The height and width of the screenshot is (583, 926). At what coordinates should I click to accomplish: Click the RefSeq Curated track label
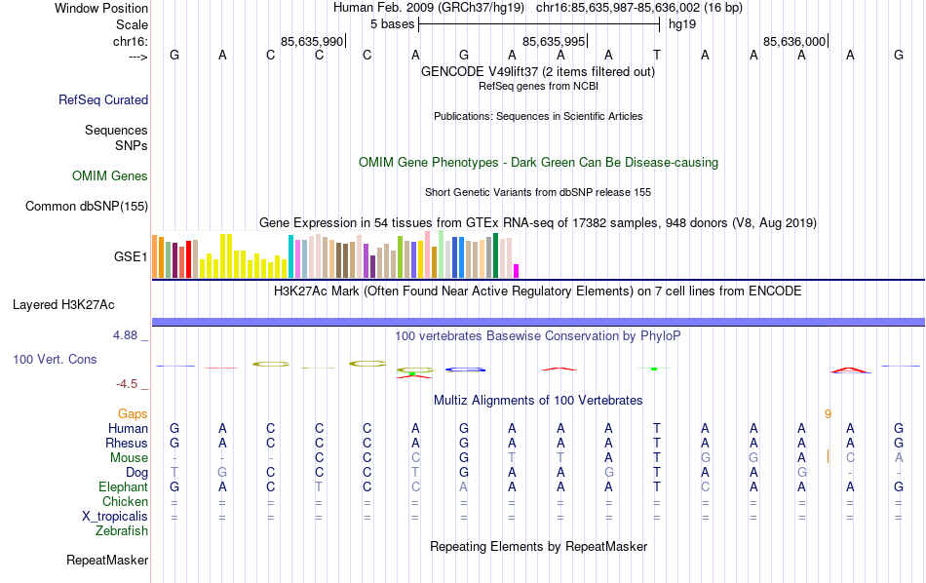tap(103, 99)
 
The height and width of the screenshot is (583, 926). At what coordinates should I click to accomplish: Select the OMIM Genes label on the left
tap(110, 176)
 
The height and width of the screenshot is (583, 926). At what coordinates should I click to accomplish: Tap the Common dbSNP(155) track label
tap(87, 206)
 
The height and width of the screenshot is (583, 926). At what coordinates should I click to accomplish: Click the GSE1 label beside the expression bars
tap(131, 257)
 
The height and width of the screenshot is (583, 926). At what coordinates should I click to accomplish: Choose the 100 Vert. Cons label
tap(55, 360)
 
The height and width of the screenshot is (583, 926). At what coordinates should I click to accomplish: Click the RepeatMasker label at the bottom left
tap(107, 561)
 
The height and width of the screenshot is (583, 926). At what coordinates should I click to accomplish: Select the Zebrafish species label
tap(122, 531)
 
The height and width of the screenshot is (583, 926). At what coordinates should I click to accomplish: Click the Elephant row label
tap(123, 487)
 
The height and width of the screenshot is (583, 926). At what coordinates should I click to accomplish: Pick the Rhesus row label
tap(127, 444)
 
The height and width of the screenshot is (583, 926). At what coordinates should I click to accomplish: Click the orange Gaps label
tap(133, 413)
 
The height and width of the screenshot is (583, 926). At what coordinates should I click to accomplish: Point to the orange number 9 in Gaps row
tap(828, 413)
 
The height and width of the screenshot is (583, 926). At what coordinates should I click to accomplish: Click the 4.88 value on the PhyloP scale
tap(128, 335)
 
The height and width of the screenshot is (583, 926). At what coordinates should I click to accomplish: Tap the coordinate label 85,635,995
tap(554, 41)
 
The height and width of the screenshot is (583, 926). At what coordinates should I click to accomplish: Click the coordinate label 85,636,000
tap(794, 41)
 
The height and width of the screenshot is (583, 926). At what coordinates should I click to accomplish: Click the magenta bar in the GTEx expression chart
tap(517, 271)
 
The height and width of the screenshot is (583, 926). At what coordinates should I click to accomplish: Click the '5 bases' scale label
tap(392, 23)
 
